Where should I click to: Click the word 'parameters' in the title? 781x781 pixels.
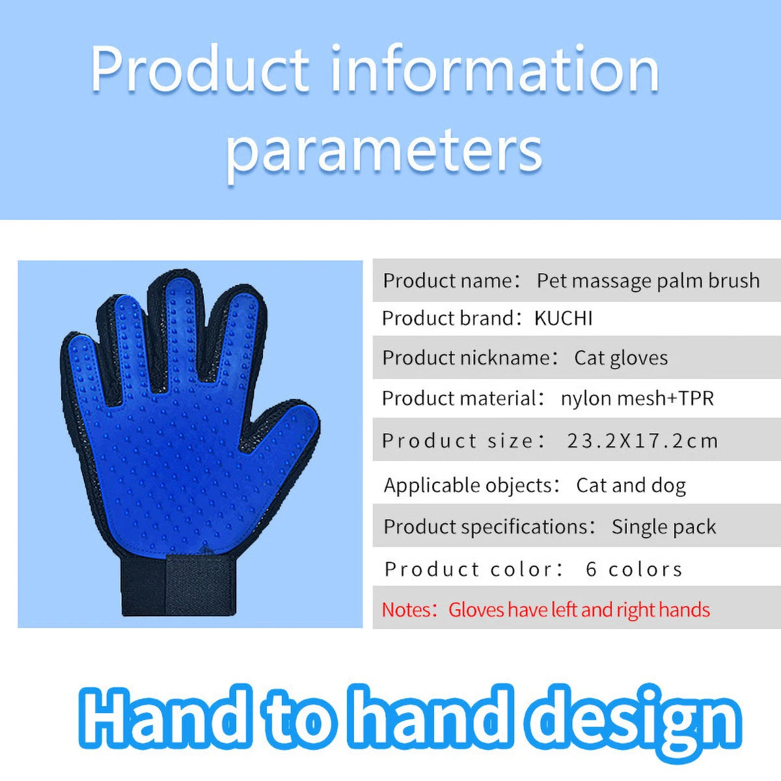(384, 151)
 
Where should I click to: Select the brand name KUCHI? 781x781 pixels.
(563, 318)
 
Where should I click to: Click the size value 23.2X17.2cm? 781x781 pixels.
(642, 441)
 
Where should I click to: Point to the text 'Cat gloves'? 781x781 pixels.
(621, 358)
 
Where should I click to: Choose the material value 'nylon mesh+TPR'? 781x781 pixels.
(637, 398)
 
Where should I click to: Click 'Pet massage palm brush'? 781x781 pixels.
(648, 281)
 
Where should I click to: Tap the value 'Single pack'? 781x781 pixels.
(663, 527)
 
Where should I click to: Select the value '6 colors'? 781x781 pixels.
(634, 569)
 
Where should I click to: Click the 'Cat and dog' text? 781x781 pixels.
(631, 486)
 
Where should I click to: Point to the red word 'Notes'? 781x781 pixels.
(406, 610)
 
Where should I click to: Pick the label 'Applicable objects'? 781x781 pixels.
(468, 486)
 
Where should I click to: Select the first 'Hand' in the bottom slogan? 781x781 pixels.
(166, 720)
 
